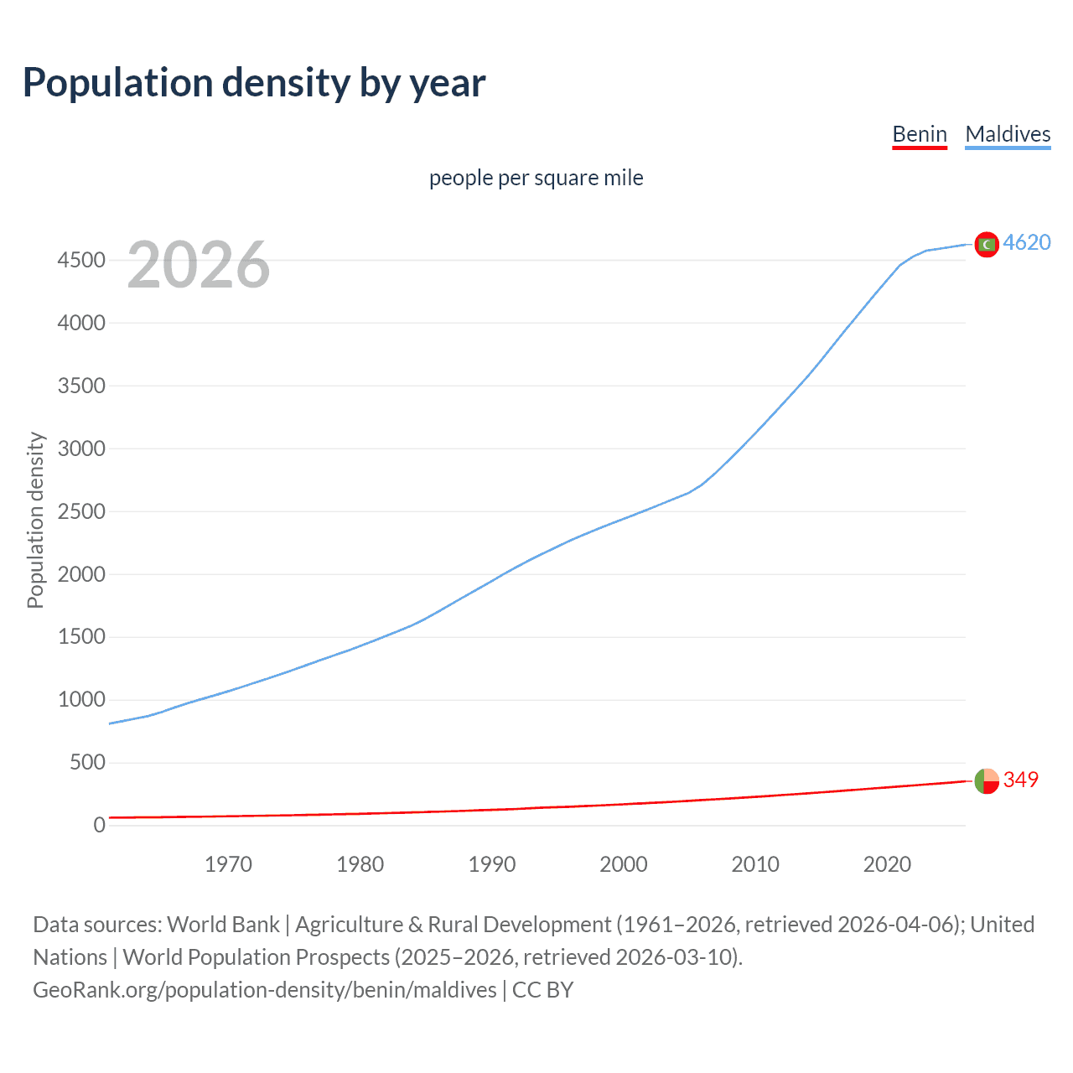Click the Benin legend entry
coord(919,134)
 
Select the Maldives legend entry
coord(1007,134)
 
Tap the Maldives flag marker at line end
coord(987,244)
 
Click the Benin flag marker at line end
coord(987,780)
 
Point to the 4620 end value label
coord(1026,242)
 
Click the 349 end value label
coord(1020,780)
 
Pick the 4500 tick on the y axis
coord(81,261)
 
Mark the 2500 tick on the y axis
coord(81,511)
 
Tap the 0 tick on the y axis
coord(99,826)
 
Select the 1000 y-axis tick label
coord(81,700)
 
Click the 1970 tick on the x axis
coord(228,864)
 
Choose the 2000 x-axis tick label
coord(623,864)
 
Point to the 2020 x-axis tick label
coord(887,864)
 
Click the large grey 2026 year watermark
coord(199,265)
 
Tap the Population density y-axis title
coord(35,520)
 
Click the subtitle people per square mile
coord(536,178)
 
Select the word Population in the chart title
coord(117,83)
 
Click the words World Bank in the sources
coord(223,925)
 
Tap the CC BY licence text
coord(542,990)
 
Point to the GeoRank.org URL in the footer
coord(264,990)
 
